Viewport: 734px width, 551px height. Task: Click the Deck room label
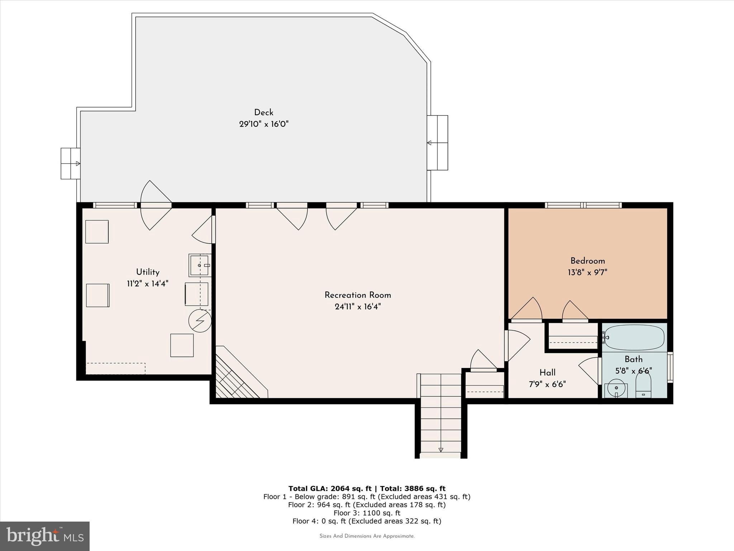click(x=263, y=113)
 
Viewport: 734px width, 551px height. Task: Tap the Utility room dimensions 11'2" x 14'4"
click(x=147, y=284)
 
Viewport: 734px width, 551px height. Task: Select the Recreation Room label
click(x=357, y=295)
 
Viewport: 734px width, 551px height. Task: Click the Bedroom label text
click(x=587, y=261)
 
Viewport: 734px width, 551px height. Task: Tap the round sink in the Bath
click(x=616, y=388)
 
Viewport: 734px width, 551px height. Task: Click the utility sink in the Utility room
click(x=199, y=265)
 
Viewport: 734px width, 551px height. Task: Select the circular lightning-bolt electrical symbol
click(x=200, y=320)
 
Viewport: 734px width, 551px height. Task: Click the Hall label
click(x=547, y=373)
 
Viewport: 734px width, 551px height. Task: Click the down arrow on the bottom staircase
click(x=441, y=450)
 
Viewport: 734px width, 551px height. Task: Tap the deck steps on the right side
click(x=438, y=143)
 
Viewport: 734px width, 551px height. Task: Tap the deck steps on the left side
click(x=70, y=164)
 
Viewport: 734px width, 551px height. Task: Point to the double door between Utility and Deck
click(x=156, y=205)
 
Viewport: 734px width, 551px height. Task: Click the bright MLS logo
click(x=45, y=536)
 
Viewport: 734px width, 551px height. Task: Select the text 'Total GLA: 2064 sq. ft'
click(x=330, y=489)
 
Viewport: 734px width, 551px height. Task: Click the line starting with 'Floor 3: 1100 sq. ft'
click(x=367, y=513)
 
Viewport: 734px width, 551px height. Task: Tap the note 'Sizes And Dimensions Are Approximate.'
click(x=367, y=536)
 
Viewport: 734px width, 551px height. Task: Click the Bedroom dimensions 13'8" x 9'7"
click(x=587, y=273)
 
